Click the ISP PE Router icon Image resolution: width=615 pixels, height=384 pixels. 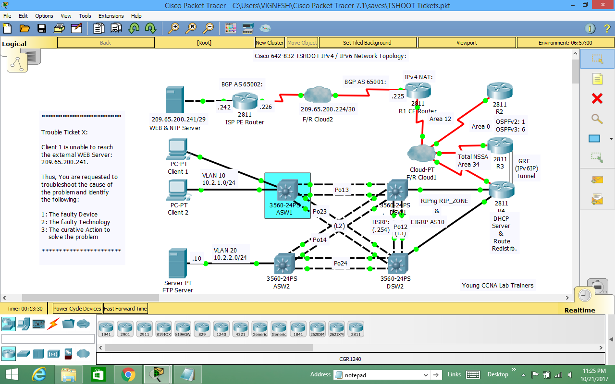tap(245, 101)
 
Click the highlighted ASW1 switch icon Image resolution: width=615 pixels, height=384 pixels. tap(287, 190)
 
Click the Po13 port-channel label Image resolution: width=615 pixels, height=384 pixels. tap(342, 190)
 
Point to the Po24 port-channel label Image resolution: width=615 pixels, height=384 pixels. tap(340, 264)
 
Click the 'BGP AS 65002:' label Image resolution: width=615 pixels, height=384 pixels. tap(242, 84)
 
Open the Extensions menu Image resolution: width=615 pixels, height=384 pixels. tap(111, 16)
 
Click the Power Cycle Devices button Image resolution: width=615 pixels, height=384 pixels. tap(77, 309)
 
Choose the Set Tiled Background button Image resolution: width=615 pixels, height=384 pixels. tap(367, 43)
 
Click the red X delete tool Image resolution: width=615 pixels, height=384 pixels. tap(597, 99)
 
